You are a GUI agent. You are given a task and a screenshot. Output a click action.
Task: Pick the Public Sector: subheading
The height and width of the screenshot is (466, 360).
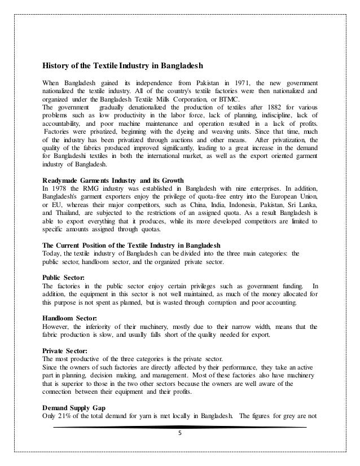coord(64,277)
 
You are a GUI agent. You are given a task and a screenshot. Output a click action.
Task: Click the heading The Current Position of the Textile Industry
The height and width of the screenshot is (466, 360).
coord(132,245)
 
